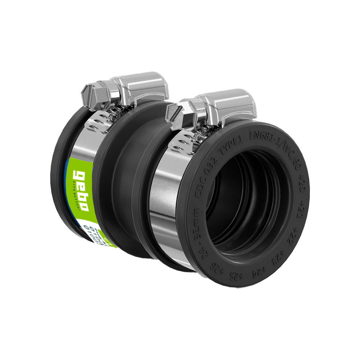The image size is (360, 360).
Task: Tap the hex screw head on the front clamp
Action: point(177,115)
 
